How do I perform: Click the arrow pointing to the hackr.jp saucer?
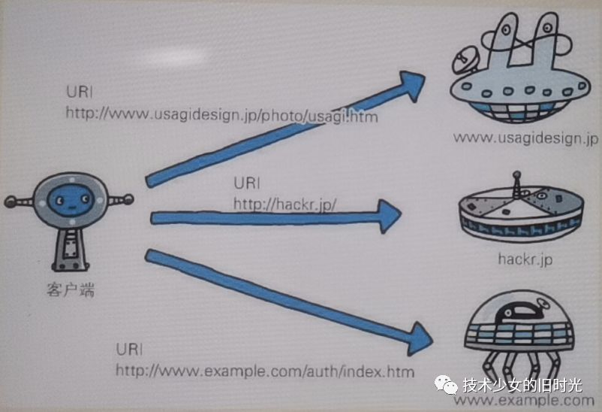click(278, 217)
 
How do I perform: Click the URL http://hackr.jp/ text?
click(285, 204)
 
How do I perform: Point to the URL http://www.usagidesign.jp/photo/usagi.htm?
click(221, 116)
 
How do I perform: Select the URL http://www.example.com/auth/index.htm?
click(264, 371)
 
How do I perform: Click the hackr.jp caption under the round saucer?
click(525, 259)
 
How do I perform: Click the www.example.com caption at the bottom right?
click(525, 400)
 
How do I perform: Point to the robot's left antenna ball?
click(10, 201)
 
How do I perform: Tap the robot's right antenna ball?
click(128, 199)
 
